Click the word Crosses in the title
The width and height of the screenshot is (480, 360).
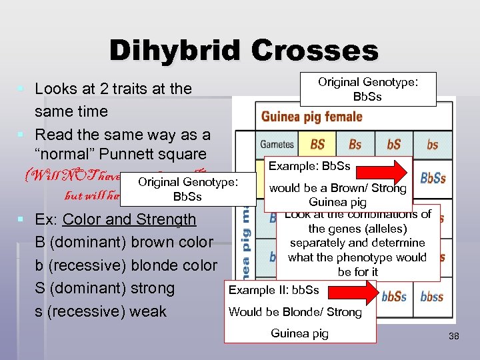[x=313, y=51]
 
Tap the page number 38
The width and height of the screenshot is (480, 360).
[x=454, y=337]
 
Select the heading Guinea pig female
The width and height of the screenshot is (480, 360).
[x=311, y=117]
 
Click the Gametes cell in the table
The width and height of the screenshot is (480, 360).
[x=277, y=144]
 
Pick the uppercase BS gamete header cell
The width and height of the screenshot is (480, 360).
[x=317, y=144]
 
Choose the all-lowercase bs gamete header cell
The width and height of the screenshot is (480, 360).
[x=432, y=144]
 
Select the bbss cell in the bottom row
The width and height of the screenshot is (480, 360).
[x=432, y=297]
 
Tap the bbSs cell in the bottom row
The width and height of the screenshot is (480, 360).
[x=394, y=297]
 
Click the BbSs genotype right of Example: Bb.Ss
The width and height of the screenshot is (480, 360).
[x=433, y=178]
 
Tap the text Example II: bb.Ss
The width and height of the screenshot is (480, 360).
[x=273, y=290]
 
